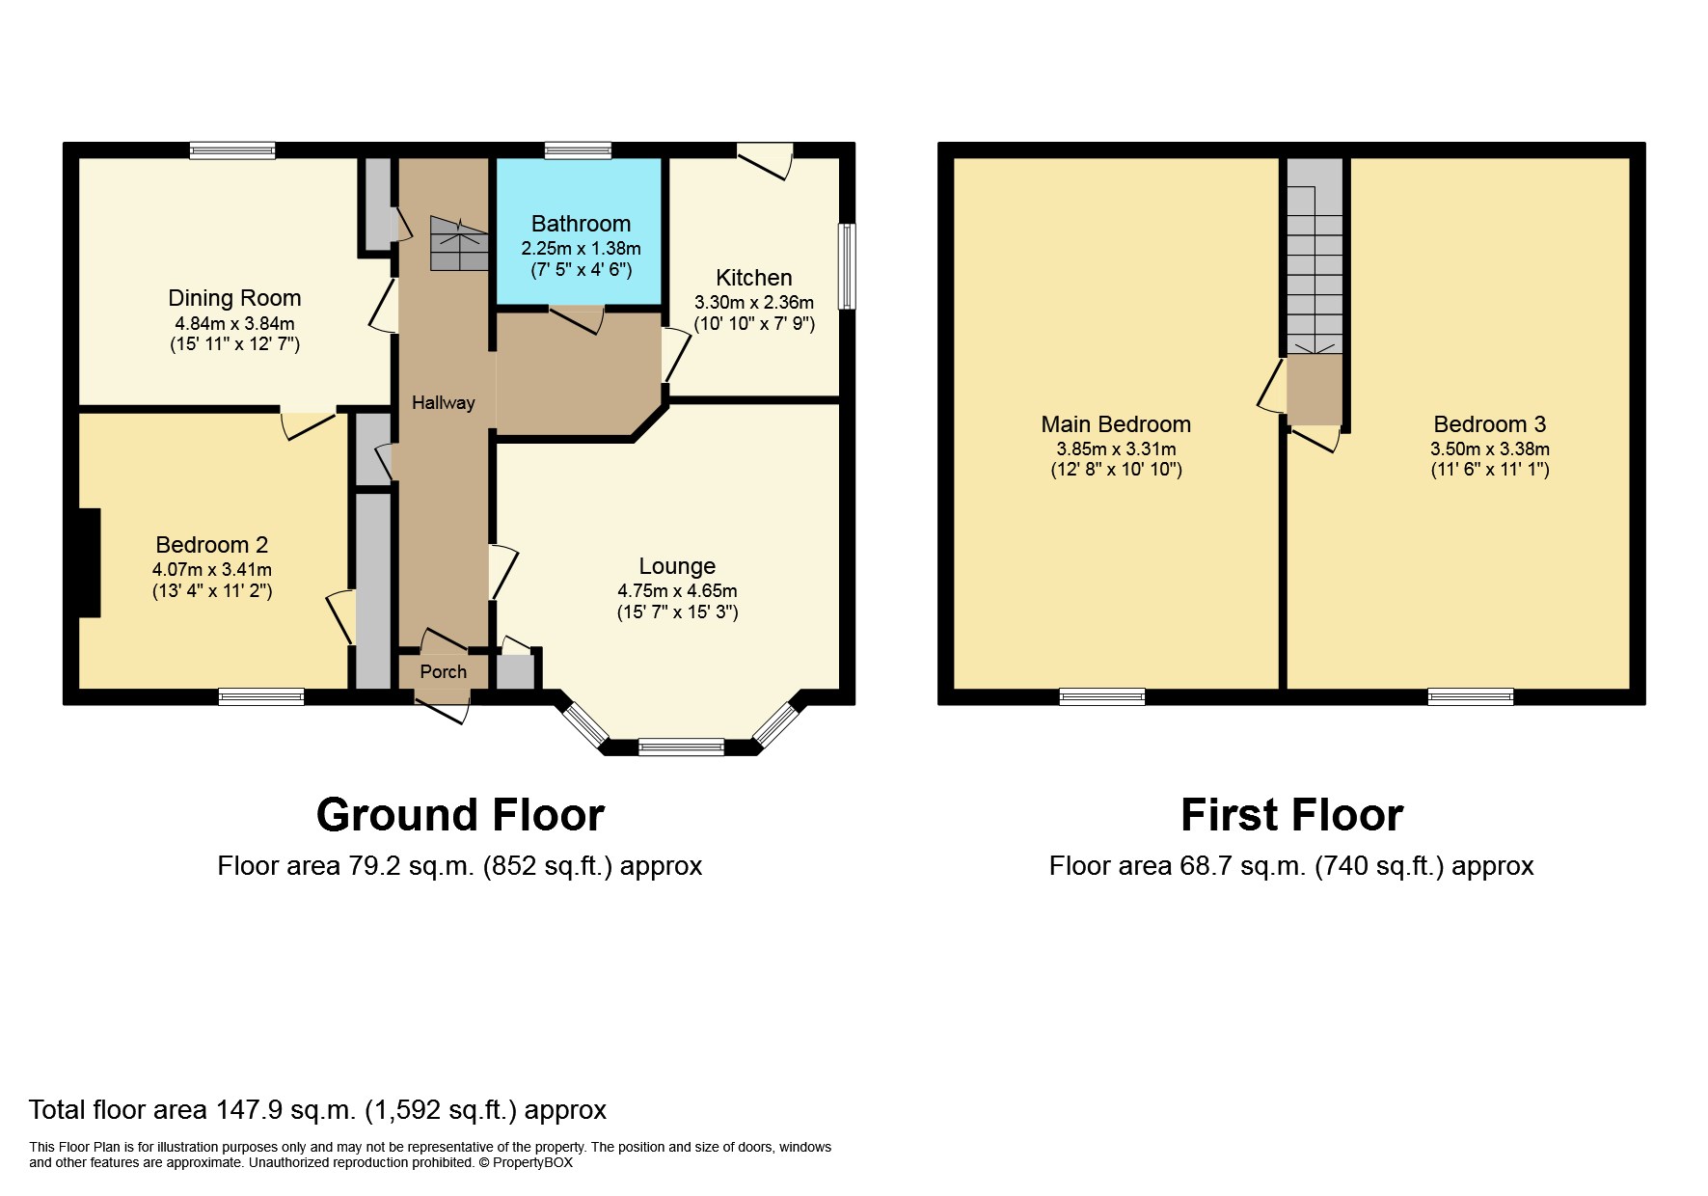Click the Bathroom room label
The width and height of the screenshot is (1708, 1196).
(581, 224)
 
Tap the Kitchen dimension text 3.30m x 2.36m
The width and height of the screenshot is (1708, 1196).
(753, 303)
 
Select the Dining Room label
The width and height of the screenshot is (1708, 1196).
(234, 298)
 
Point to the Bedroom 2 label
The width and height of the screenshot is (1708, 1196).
(211, 545)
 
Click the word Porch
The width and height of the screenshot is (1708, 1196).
(443, 672)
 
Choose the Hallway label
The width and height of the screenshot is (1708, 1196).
(443, 403)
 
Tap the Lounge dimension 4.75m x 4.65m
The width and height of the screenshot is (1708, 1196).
(677, 591)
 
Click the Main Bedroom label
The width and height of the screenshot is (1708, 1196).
(1116, 424)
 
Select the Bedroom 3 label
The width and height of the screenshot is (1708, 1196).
(1489, 424)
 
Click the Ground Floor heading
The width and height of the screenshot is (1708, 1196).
(460, 815)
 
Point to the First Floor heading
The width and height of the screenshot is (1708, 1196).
(1291, 815)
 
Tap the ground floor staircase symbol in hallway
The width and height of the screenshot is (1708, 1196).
(458, 243)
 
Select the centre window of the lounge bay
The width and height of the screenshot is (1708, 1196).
(681, 747)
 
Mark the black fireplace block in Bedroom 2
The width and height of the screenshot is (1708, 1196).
(90, 562)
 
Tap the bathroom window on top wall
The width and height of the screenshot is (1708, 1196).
(578, 150)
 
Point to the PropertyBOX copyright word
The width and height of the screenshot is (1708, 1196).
(532, 1162)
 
